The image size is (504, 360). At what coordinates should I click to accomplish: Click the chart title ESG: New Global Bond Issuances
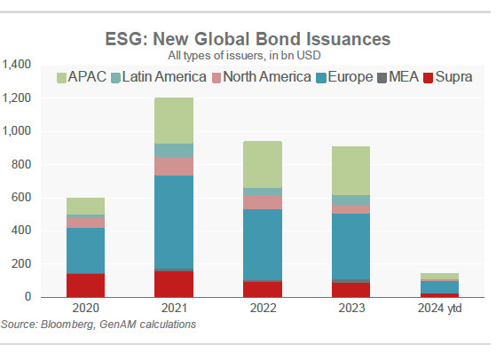pos(248,39)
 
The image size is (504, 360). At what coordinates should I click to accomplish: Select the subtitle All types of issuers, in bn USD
pos(244,56)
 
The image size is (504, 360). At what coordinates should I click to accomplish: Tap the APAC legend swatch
pos(61,78)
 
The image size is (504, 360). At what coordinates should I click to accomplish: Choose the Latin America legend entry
pos(159,77)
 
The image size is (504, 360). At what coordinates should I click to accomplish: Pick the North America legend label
pos(267,77)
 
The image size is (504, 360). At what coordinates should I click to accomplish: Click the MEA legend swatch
pos(382,78)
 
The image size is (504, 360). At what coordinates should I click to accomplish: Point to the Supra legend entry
pos(448,77)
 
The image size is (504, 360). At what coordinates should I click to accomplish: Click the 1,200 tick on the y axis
pos(16,98)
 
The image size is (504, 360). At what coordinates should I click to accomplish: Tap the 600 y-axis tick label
pos(21,197)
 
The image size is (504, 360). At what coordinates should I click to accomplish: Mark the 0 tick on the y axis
pos(28,296)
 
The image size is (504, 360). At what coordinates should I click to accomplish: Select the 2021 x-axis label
pos(174,308)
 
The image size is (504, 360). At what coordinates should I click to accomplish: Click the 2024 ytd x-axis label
pos(439,308)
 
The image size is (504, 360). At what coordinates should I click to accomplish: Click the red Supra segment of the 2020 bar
pos(85,286)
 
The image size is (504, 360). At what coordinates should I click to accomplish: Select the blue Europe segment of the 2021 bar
pos(174,222)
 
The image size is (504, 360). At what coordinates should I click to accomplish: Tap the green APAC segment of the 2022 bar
pos(263,164)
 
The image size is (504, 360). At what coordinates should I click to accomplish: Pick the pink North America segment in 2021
pos(174,166)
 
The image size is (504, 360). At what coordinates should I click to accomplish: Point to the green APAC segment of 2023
pos(351,170)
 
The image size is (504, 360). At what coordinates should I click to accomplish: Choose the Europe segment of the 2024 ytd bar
pos(439,287)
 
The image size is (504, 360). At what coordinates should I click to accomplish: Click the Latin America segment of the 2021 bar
pos(174,150)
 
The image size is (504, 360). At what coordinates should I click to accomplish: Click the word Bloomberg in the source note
pos(67,325)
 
